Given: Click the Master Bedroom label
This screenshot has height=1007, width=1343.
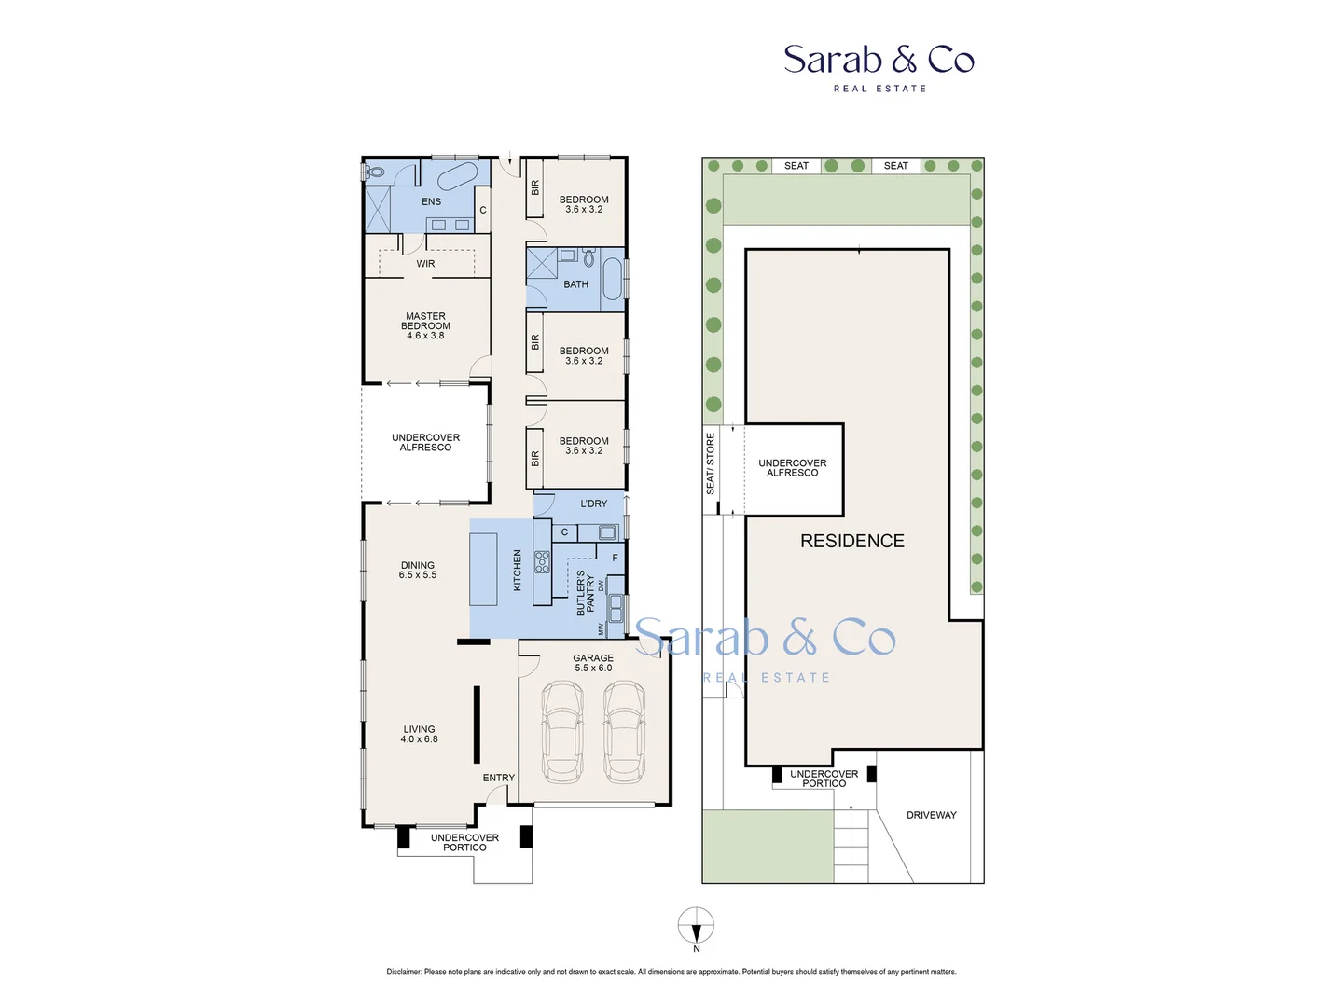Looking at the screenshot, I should [x=425, y=325].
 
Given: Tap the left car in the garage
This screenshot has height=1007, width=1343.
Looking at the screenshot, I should [x=562, y=732].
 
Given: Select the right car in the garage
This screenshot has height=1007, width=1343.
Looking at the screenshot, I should [x=624, y=732].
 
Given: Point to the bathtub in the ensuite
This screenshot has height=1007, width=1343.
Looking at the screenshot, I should [x=457, y=175].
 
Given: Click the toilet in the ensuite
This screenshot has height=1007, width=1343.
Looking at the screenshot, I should [x=375, y=172].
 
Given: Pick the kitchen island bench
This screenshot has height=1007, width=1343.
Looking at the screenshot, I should [x=483, y=569].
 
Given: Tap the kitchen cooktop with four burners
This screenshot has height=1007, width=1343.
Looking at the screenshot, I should [x=542, y=561].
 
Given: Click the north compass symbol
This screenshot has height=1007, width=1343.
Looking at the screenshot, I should [x=696, y=926].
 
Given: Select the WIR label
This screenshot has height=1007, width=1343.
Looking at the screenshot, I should [x=425, y=264].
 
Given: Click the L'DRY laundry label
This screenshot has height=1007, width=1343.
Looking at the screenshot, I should [x=593, y=504].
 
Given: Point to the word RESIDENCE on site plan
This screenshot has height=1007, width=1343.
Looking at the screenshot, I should [x=851, y=541].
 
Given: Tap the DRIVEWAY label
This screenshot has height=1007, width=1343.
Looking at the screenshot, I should [x=931, y=815].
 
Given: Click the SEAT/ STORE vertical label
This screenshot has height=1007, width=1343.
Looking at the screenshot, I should [x=710, y=463].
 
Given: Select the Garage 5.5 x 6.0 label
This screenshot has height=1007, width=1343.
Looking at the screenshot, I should [x=593, y=663].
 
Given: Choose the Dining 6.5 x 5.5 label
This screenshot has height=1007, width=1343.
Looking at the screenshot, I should [x=418, y=570].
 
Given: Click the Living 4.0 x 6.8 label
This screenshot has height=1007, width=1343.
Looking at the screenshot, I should [x=419, y=734].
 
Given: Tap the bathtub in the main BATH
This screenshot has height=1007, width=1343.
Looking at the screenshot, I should [x=612, y=279].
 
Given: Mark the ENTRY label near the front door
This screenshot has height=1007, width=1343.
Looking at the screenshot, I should [x=498, y=778].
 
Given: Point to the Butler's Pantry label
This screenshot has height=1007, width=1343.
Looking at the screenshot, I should [x=585, y=593].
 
